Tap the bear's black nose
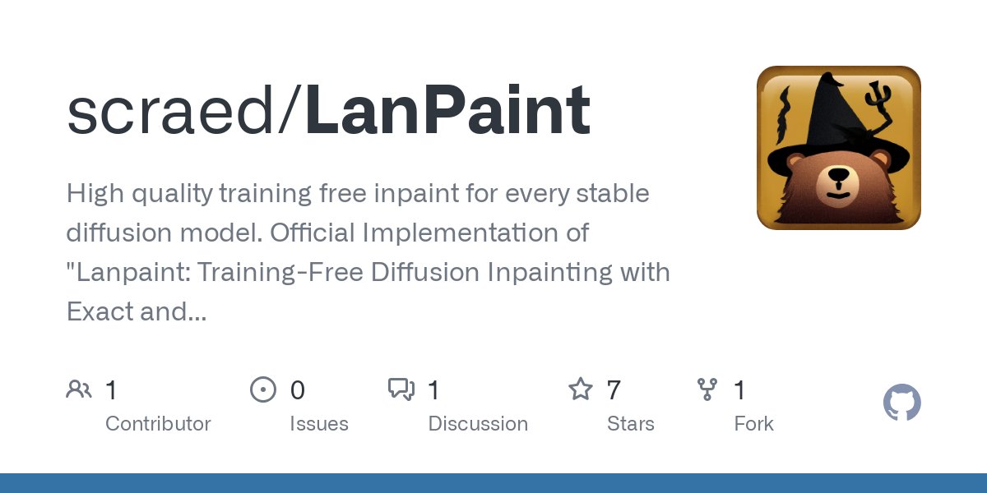point(838,176)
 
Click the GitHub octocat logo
point(901,403)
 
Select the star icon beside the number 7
point(581,389)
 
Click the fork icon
point(707,389)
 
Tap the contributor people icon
point(79,389)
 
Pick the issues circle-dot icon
point(263,389)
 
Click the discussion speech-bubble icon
point(401,389)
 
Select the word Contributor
point(158,424)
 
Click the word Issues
point(318,424)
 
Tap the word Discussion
point(478,424)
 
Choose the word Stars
point(631,424)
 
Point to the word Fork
point(753,424)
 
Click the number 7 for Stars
point(613,390)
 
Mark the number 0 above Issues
point(297,390)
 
